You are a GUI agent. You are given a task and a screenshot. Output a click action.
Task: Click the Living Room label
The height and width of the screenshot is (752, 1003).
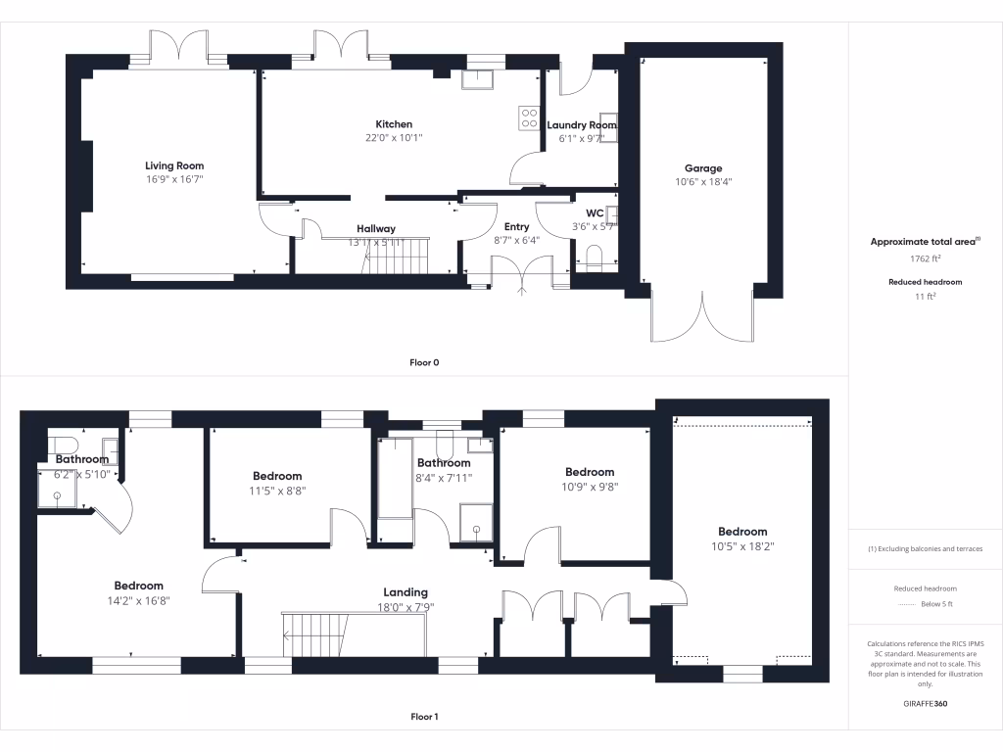pos(174,165)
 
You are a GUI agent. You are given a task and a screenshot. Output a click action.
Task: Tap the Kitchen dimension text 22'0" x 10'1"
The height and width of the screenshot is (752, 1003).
pos(394,138)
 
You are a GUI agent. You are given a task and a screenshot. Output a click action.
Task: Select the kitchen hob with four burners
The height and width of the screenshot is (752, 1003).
pos(529,117)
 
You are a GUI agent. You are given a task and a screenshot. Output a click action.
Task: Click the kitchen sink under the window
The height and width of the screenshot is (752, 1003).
pos(480,78)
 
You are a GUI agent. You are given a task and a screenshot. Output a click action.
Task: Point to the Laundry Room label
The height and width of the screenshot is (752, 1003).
pos(582,125)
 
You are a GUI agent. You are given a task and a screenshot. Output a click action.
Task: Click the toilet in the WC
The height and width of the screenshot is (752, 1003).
pos(593,258)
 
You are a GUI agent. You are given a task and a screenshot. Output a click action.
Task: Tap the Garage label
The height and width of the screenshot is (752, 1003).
pos(702,168)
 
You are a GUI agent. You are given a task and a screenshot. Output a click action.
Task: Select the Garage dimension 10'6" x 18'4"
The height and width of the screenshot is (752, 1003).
pos(702,182)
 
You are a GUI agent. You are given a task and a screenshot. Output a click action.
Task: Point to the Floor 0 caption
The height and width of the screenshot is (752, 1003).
pos(423,363)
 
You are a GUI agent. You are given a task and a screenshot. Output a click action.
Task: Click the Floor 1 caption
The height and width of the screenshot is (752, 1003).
pos(423,717)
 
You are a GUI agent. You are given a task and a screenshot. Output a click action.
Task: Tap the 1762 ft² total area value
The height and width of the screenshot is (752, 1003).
pos(925,259)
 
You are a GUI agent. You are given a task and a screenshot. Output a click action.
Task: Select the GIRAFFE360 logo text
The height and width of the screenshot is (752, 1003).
pos(925,704)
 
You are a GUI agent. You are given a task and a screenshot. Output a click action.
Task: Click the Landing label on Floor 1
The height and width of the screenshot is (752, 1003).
pos(406,592)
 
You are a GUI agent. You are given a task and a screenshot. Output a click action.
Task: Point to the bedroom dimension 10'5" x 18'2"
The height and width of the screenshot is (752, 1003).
pos(740,546)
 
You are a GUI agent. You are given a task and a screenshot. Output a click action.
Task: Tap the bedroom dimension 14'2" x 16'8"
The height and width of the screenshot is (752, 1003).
pos(138,601)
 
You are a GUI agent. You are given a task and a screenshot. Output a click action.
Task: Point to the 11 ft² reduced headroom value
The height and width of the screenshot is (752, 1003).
pos(925,295)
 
